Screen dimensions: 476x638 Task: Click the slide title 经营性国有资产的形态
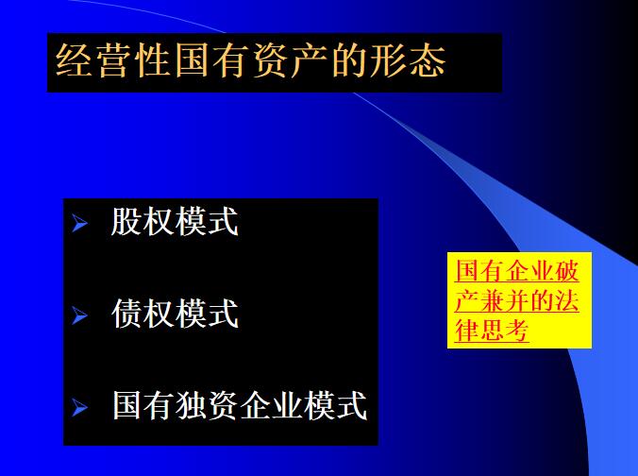pos(251,62)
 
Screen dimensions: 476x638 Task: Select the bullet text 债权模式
pos(175,313)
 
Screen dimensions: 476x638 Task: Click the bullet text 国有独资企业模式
pos(239,405)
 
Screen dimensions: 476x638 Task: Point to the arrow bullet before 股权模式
pos(80,225)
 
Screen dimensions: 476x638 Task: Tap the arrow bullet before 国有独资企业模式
pos(80,409)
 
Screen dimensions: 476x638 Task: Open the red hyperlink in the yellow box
pos(517,301)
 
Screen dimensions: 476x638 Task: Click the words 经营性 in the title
pos(113,62)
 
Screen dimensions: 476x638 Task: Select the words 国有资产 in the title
pos(250,62)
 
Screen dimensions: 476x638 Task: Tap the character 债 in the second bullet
pos(127,313)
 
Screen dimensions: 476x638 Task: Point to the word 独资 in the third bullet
pos(207,405)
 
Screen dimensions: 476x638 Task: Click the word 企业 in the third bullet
pos(271,405)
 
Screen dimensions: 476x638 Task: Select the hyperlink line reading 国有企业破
pos(517,271)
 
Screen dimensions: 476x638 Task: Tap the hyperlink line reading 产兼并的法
pos(517,301)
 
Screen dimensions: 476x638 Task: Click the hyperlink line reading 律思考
pos(492,331)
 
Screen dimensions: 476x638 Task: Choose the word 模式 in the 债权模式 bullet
pos(207,313)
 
